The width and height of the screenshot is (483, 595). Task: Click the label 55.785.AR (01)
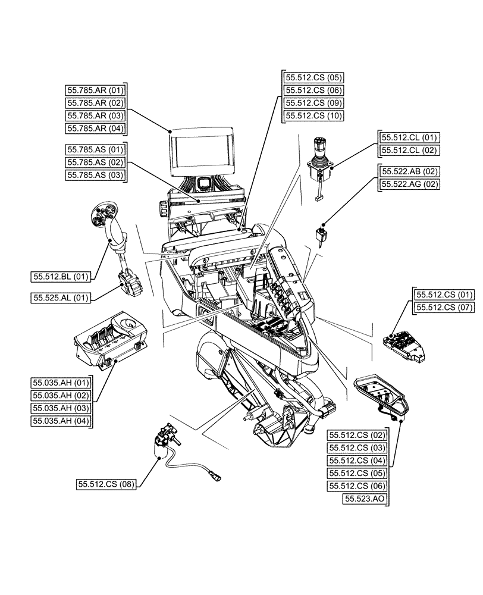(96, 91)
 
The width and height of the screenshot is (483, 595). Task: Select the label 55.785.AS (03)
(96, 175)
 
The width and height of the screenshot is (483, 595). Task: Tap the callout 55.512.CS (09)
(313, 103)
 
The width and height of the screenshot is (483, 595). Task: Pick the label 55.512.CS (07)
(444, 307)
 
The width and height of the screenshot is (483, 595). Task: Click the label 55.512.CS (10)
(313, 116)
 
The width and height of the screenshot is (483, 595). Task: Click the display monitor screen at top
(202, 152)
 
